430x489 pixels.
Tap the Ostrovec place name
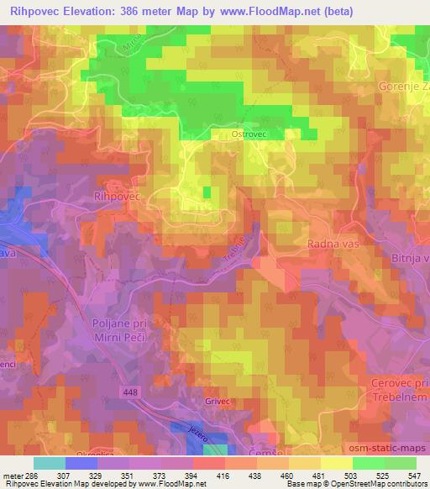[x=249, y=134]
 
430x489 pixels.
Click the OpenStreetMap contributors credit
[x=372, y=485]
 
